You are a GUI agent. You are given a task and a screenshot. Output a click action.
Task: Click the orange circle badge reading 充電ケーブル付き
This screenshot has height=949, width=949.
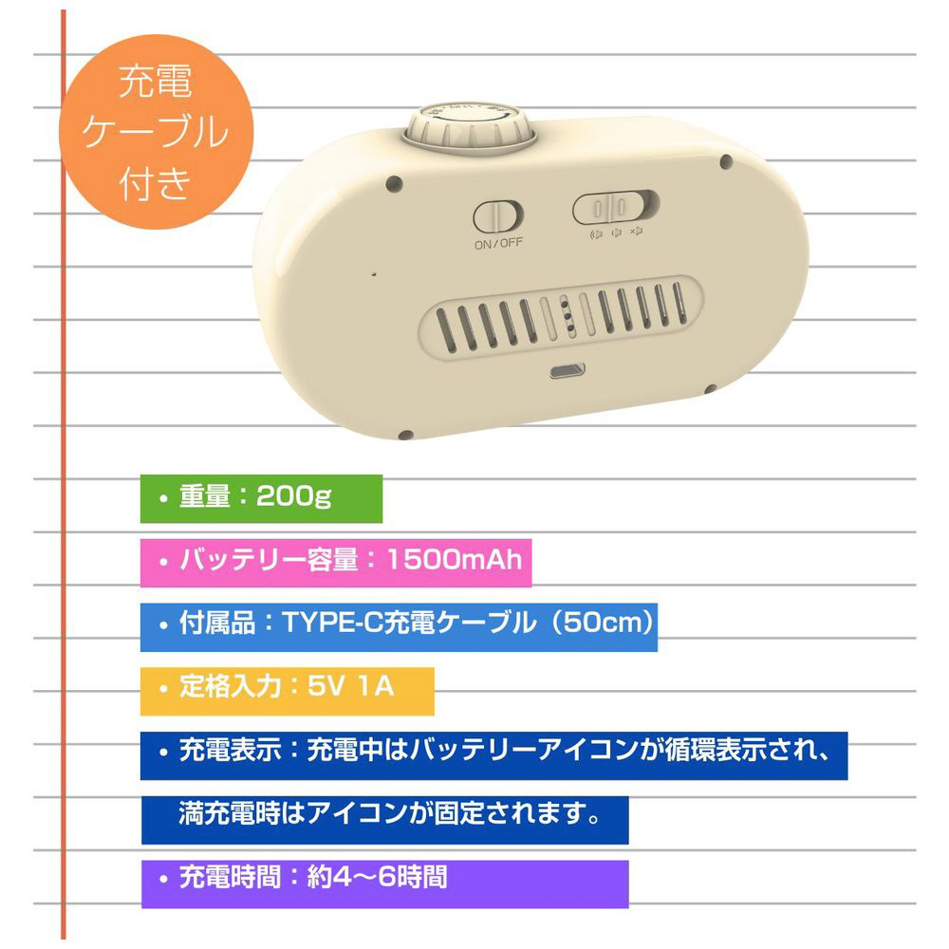point(156,132)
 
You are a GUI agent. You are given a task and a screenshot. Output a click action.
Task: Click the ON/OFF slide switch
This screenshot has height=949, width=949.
point(498,216)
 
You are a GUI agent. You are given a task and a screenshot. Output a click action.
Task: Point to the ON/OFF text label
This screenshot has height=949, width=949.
point(498,244)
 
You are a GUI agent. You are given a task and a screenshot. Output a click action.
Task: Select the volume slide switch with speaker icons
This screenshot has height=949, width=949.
point(616,207)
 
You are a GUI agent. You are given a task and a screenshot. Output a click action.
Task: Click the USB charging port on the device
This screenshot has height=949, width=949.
point(568,370)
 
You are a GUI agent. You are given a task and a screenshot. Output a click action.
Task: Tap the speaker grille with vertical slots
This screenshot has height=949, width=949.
point(562,319)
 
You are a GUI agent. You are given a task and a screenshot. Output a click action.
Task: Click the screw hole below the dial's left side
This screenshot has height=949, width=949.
point(394,182)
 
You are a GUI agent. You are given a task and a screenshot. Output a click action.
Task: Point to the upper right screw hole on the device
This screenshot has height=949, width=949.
point(726,161)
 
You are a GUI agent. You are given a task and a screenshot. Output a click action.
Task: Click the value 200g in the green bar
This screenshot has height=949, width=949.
point(293,496)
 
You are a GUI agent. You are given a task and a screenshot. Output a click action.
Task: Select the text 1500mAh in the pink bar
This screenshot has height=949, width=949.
point(454,560)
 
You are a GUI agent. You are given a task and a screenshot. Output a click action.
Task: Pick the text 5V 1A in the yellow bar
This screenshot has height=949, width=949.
point(350,687)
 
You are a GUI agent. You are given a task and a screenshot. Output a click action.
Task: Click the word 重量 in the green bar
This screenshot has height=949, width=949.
point(205,496)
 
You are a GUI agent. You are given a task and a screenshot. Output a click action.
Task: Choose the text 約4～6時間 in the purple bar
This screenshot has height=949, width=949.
point(377,878)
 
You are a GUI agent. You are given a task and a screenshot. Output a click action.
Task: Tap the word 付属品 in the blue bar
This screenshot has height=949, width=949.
point(217,623)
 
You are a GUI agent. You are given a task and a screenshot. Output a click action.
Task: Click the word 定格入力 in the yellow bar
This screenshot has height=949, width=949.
point(230,687)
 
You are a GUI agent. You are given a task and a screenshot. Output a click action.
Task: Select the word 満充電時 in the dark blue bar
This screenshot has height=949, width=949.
point(230,813)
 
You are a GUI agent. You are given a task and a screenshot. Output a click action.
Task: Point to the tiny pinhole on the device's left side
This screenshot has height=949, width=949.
point(374,274)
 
